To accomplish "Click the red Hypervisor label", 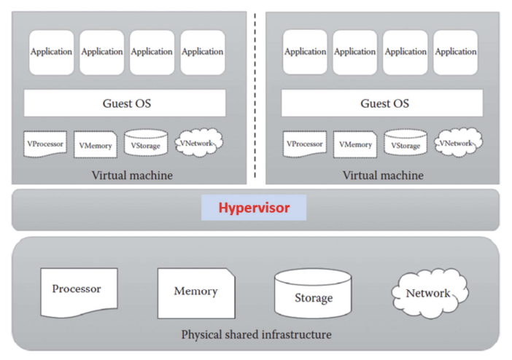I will tap(255, 208).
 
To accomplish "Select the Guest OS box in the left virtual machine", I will tap(125, 103).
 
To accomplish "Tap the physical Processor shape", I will tap(77, 291).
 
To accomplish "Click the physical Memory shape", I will tap(195, 291).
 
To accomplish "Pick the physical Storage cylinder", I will tap(313, 294).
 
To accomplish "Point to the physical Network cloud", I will tap(429, 293).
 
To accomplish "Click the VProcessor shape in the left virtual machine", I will tap(45, 144).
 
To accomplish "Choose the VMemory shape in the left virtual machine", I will tap(96, 145).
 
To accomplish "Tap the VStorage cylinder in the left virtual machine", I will tap(146, 144).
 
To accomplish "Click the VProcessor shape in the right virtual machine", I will tap(304, 144).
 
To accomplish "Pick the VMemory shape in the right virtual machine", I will tap(355, 145).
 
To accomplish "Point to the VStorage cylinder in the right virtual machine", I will tap(406, 144).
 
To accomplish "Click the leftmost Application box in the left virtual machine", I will tap(51, 52).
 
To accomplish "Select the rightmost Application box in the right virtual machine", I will tap(456, 52).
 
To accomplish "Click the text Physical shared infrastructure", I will tap(256, 334).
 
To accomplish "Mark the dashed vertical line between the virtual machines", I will tap(256, 95).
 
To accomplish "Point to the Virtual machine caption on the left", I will tap(132, 175).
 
